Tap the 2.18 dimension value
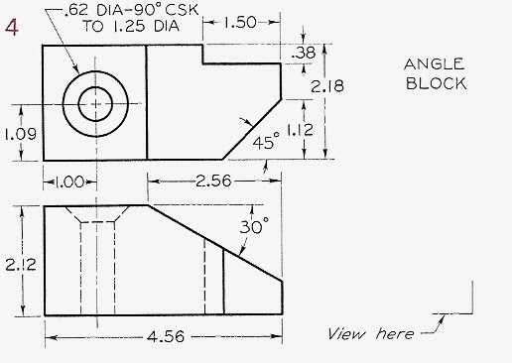pyautogui.click(x=327, y=87)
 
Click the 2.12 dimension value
pyautogui.click(x=20, y=264)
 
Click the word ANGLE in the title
pyautogui.click(x=435, y=64)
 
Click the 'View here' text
pyautogui.click(x=370, y=334)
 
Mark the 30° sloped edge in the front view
pyautogui.click(x=216, y=244)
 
